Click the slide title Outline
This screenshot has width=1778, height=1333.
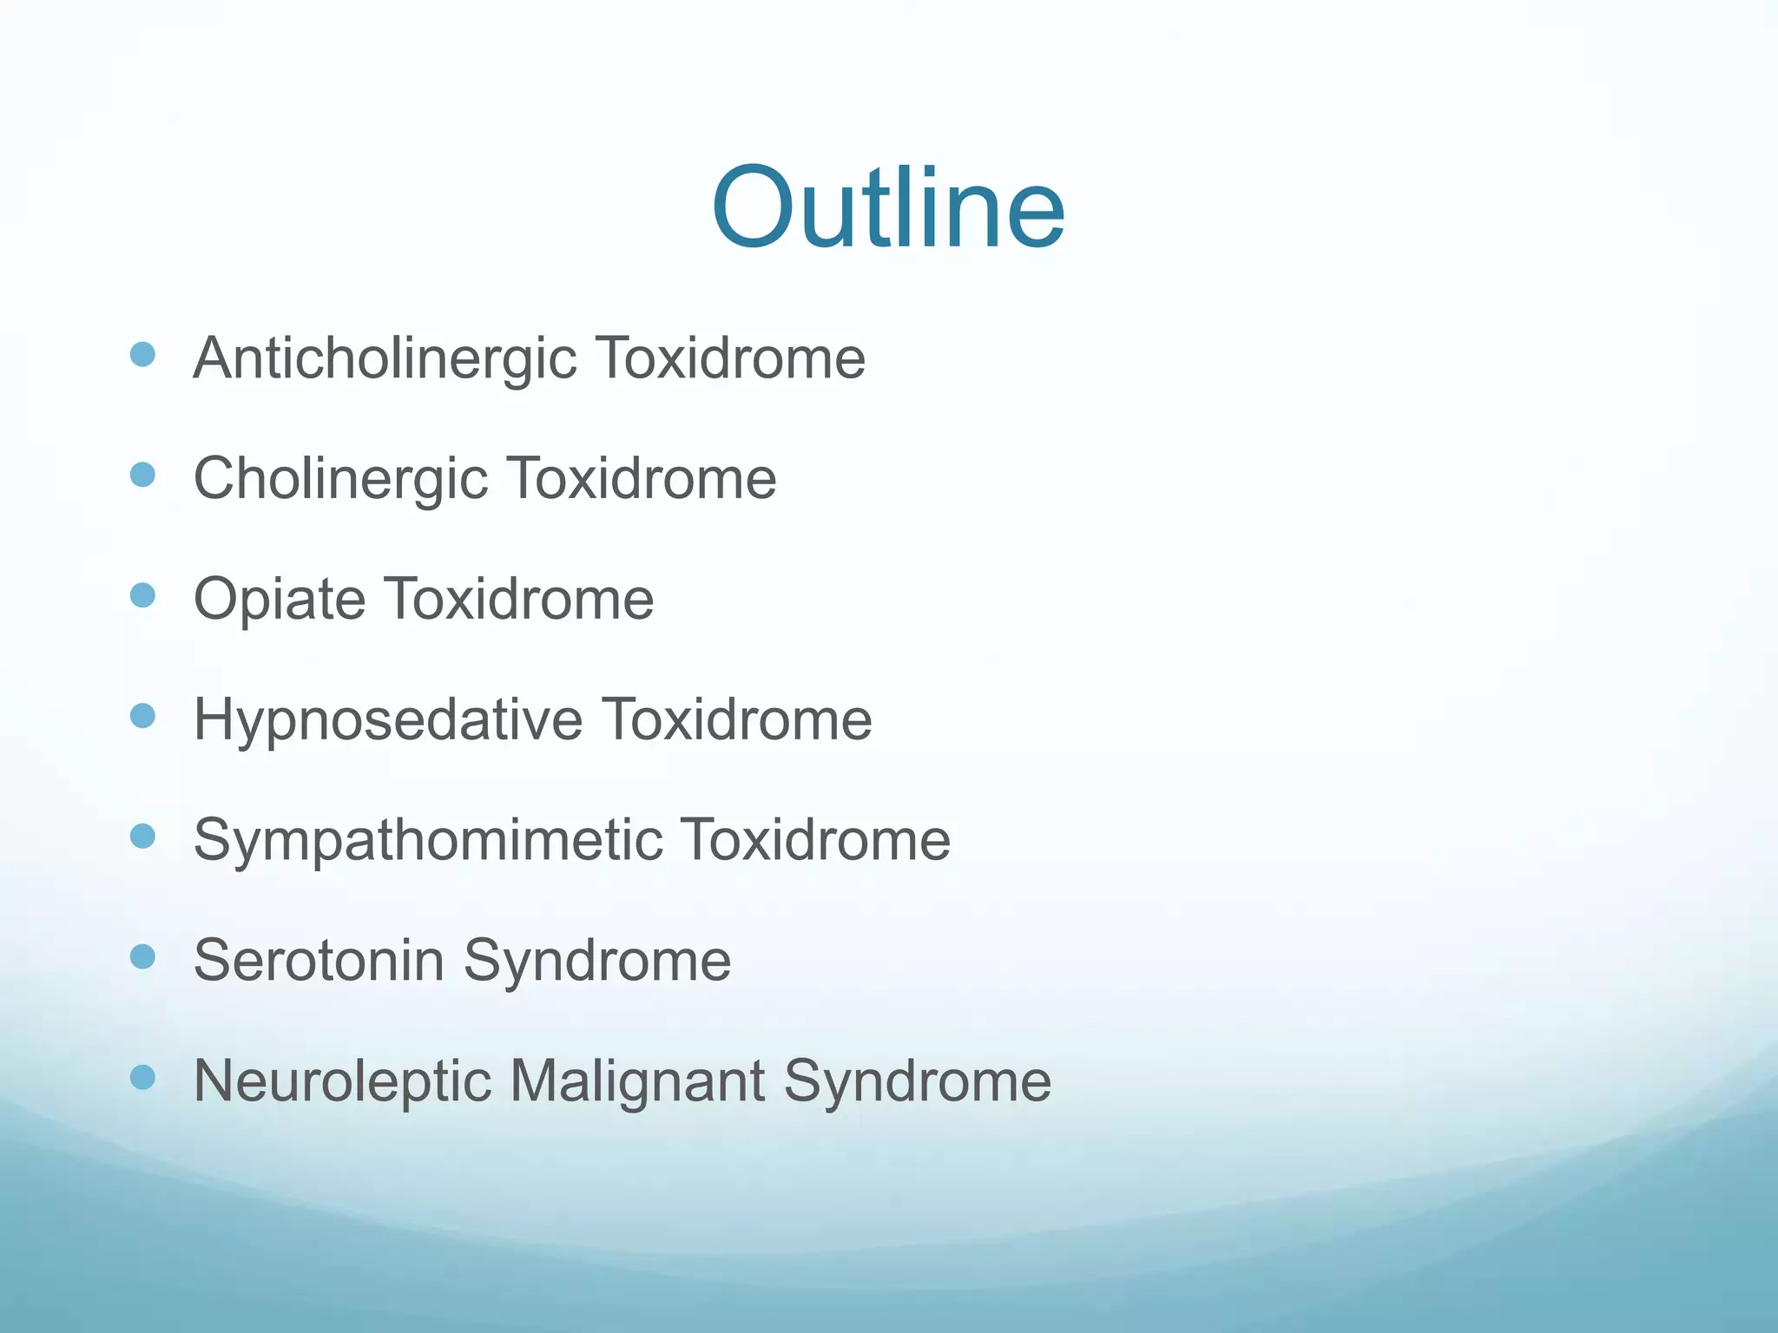click(x=887, y=208)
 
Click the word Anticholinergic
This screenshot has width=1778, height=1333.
click(x=385, y=358)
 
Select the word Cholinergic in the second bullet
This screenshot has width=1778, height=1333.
click(x=340, y=479)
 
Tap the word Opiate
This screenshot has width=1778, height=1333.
click(x=280, y=600)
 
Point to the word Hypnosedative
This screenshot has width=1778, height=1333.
click(x=387, y=719)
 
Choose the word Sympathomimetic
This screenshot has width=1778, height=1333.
click(x=428, y=840)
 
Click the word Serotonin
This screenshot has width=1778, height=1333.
click(x=319, y=960)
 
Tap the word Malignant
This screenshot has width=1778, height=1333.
click(x=637, y=1081)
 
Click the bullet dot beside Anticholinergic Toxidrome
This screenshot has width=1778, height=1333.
click(x=142, y=354)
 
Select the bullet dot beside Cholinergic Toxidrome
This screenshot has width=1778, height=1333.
click(x=142, y=475)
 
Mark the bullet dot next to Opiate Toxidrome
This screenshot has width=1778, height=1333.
click(x=142, y=595)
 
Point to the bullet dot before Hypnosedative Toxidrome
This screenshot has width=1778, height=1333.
click(x=142, y=716)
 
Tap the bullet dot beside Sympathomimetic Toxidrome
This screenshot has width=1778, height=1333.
click(x=142, y=836)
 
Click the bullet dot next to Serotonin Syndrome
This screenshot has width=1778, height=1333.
click(x=142, y=956)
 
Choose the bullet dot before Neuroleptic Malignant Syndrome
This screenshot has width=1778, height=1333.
click(x=142, y=1077)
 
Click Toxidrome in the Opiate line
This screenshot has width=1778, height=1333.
click(x=519, y=599)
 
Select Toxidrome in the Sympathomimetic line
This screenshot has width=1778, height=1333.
click(x=815, y=840)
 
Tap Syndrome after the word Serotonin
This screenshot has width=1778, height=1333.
click(x=597, y=961)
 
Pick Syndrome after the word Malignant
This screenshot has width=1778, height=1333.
click(x=918, y=1081)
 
